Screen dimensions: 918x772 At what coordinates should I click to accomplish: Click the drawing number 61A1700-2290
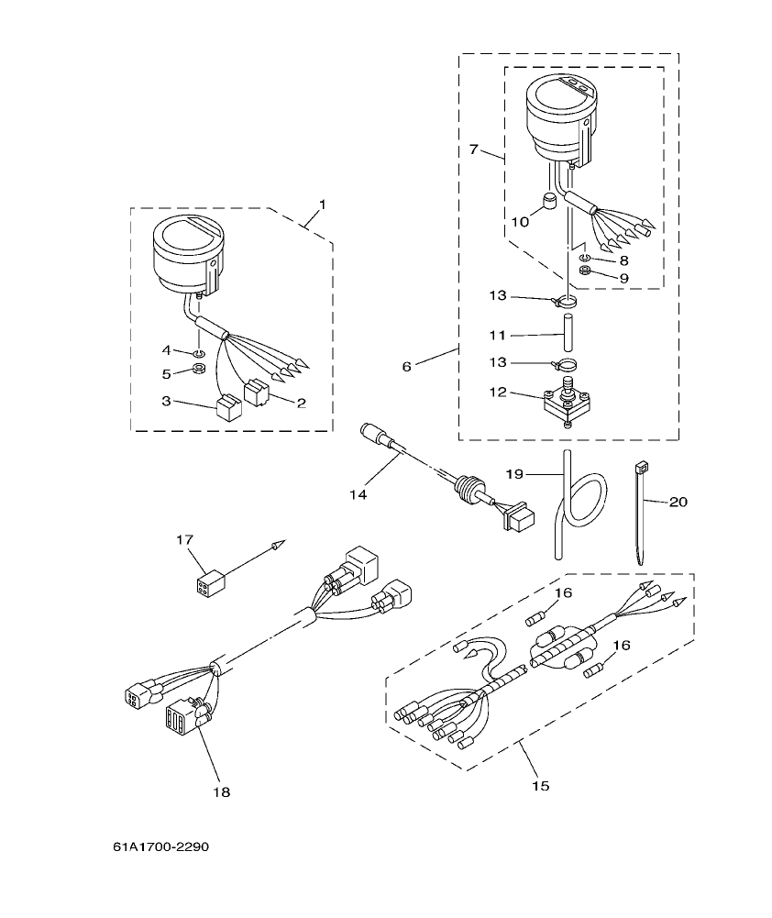(x=155, y=846)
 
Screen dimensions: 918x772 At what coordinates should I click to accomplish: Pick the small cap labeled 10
(x=551, y=201)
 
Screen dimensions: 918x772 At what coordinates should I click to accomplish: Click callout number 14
(x=358, y=494)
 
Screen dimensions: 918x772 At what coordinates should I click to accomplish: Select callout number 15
(x=540, y=786)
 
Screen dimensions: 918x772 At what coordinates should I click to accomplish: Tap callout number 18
(x=221, y=791)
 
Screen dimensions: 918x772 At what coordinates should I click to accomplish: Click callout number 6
(x=406, y=366)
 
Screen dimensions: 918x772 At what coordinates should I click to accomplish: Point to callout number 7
(x=473, y=149)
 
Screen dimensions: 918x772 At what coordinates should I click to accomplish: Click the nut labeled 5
(x=195, y=371)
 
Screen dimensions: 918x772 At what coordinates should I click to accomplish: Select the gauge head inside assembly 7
(x=557, y=115)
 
